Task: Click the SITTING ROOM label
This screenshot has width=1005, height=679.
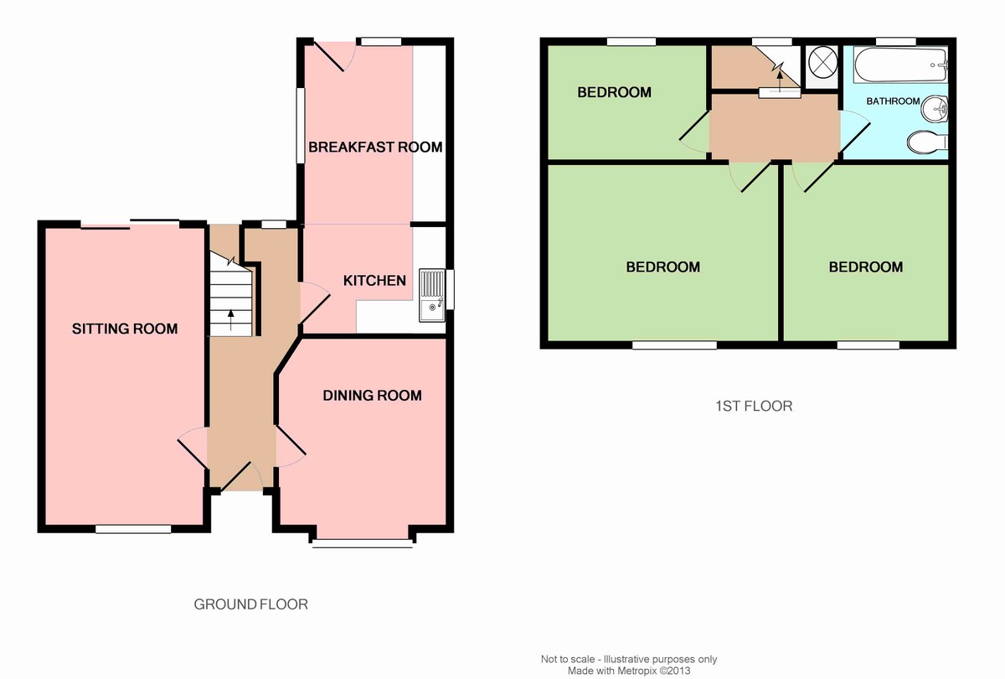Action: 125,329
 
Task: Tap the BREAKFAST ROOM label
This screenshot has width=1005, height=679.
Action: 375,148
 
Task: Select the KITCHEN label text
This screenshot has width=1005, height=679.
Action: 374,281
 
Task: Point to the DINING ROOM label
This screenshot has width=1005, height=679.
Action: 373,396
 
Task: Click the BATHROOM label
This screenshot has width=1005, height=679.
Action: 893,101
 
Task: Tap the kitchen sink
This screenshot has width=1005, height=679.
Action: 432,295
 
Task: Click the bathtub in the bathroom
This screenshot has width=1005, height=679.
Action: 900,65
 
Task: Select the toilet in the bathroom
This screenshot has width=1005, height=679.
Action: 927,142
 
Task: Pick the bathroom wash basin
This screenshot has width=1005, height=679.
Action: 935,108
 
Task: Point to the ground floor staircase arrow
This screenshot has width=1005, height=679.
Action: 231,319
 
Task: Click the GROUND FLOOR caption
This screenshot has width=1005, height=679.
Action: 250,604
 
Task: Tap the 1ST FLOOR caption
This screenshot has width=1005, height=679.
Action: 754,406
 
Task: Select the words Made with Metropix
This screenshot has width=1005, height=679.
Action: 612,671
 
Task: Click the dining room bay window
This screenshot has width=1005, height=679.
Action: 363,543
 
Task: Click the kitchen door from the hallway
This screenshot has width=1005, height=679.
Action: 315,303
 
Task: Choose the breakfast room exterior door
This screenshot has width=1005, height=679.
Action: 335,55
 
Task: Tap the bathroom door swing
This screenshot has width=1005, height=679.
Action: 855,132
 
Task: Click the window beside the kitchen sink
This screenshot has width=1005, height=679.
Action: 450,289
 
